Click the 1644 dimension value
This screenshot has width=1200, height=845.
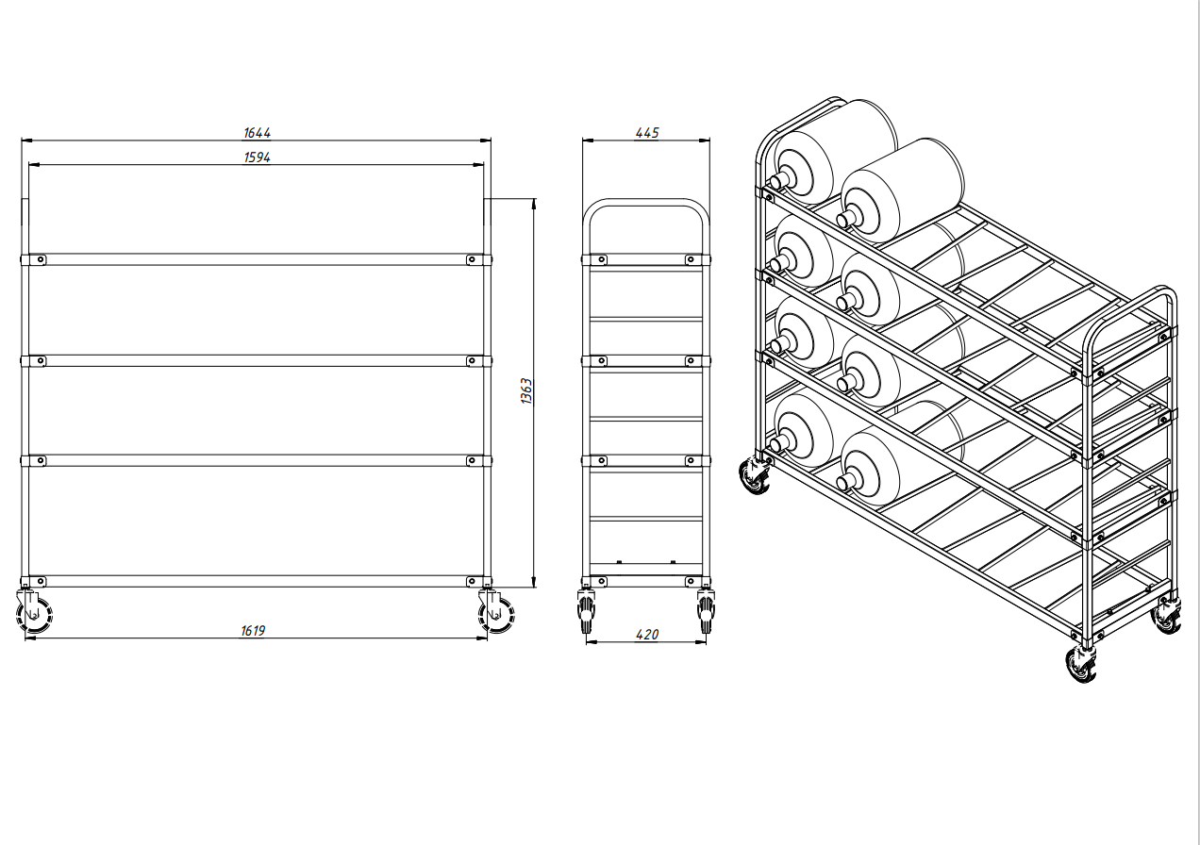(258, 133)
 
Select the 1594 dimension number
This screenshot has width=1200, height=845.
(258, 157)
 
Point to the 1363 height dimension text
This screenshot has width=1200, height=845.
(527, 390)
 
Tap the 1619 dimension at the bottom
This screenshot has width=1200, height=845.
(253, 631)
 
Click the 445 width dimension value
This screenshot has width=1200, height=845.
(646, 133)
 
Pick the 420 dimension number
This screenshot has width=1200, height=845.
(646, 635)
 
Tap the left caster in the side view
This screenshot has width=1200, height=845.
(586, 610)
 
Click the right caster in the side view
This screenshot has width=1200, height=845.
(705, 610)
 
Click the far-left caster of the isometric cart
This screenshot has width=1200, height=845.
(755, 475)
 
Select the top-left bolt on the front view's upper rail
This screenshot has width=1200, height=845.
(41, 259)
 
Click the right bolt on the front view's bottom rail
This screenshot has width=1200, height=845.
(472, 581)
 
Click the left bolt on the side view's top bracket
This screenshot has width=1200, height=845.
(602, 259)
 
